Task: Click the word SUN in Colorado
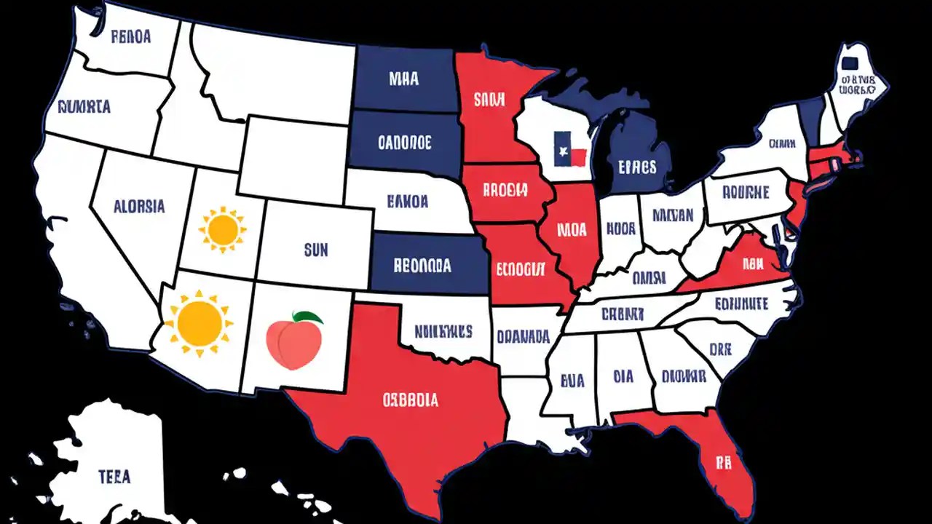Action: (x=316, y=251)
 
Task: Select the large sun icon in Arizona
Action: (x=199, y=321)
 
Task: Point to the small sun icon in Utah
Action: (x=222, y=229)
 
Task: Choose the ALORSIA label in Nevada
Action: (x=139, y=206)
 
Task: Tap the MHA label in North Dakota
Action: (x=403, y=79)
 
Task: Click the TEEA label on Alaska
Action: (x=115, y=477)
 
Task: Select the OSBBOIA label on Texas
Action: (x=411, y=400)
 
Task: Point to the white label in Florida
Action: (x=722, y=461)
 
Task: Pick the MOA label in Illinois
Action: (x=572, y=230)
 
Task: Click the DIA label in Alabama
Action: (x=623, y=377)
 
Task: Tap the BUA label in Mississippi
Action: (x=572, y=379)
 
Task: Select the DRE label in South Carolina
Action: (x=720, y=349)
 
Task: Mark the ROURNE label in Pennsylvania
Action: (x=746, y=193)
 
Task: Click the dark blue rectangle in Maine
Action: (x=849, y=58)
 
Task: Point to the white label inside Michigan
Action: (x=637, y=166)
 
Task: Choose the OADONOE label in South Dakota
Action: (x=405, y=140)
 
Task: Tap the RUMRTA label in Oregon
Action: (x=83, y=107)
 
